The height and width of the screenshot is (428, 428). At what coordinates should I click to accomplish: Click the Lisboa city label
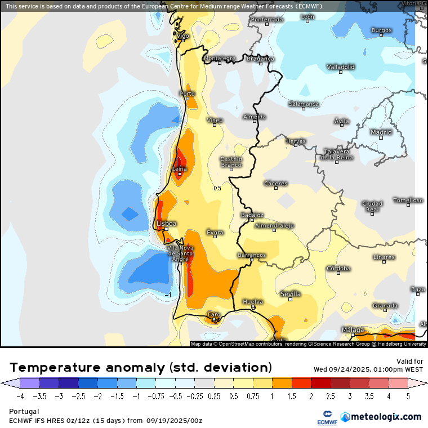pos(166,224)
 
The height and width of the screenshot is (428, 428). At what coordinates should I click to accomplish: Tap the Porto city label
pos(187,93)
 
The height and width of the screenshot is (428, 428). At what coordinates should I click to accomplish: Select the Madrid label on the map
pos(381,132)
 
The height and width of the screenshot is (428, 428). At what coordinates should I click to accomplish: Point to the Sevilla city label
pos(290,294)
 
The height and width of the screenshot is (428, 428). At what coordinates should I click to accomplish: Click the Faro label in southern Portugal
pos(214,314)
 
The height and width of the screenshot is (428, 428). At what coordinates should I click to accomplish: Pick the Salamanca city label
pos(304,104)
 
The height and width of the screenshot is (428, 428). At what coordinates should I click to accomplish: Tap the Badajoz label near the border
pos(252,215)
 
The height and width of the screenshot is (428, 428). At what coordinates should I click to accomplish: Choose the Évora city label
pos(215,232)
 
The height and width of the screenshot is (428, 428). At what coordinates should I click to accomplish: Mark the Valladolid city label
pos(341,67)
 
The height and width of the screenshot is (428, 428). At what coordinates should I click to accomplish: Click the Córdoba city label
pos(338,268)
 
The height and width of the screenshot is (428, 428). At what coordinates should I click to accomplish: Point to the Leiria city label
pos(179,169)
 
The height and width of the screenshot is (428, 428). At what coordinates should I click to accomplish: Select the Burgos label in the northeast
pos(381,30)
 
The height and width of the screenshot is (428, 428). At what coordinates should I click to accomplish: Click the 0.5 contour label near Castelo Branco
pos(217,188)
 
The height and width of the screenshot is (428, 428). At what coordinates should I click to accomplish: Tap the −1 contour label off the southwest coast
pos(167,295)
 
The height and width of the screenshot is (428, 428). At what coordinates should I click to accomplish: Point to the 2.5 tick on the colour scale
pos(331,396)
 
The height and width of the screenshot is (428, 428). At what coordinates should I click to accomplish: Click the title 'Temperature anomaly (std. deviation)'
pos(141,367)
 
